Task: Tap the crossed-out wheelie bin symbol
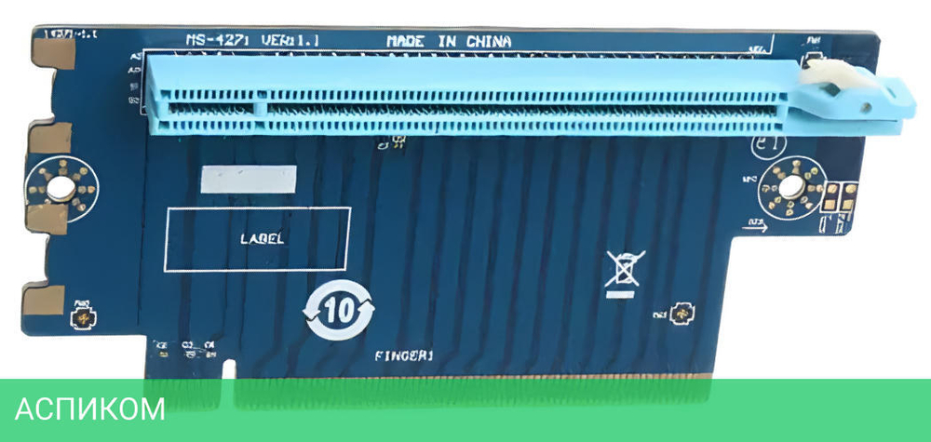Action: pyautogui.click(x=621, y=268)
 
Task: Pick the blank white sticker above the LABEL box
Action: pyautogui.click(x=250, y=181)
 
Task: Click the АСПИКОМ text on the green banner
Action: pyautogui.click(x=90, y=409)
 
